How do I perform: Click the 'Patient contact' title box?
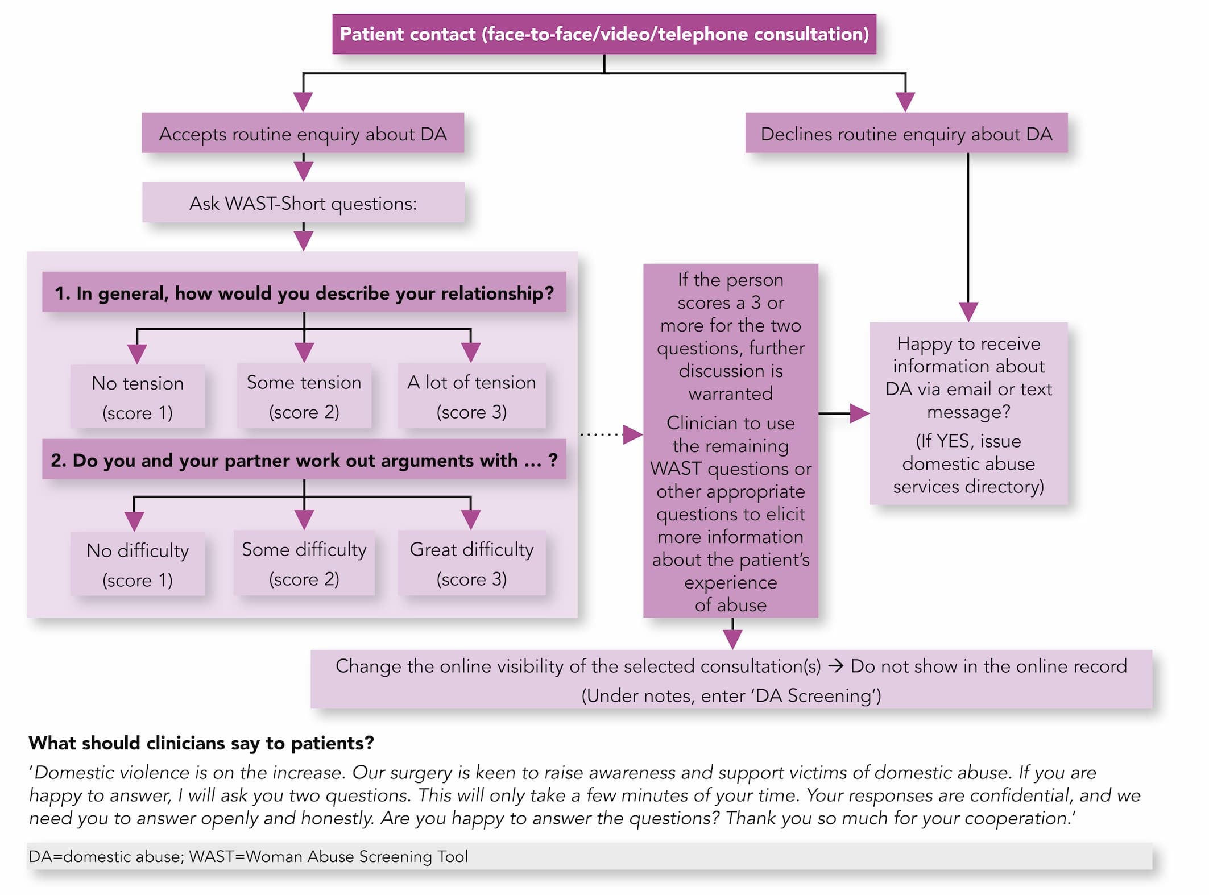[604, 34]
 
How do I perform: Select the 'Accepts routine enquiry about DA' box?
[303, 133]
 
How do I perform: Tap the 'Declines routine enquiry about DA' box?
[906, 133]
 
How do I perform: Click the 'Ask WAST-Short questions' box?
[303, 202]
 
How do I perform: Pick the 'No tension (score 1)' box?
[138, 397]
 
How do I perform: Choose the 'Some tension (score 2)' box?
[304, 396]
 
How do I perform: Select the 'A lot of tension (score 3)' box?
[471, 396]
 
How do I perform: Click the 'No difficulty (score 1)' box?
[138, 564]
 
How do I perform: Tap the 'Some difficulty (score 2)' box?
[304, 563]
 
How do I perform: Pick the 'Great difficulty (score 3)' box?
[471, 563]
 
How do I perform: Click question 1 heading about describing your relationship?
[304, 292]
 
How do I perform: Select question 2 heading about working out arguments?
[304, 459]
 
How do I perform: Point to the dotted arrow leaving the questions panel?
[611, 434]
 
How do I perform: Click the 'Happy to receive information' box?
[968, 413]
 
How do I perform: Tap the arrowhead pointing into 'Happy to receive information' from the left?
[860, 413]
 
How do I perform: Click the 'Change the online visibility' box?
[731, 679]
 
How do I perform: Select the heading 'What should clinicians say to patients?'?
[201, 743]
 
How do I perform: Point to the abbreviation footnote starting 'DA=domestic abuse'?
[249, 856]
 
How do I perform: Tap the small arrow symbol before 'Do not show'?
[835, 666]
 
